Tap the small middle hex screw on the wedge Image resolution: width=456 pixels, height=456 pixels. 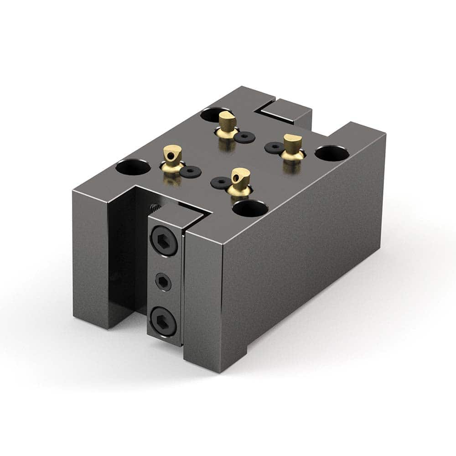pyautogui.click(x=163, y=283)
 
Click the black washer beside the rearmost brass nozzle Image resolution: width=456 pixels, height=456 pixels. pyautogui.click(x=247, y=136)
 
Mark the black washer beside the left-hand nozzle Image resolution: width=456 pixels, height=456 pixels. pyautogui.click(x=189, y=171)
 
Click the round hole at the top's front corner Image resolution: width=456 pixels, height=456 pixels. pyautogui.click(x=250, y=208)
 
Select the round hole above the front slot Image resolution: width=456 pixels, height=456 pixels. pyautogui.click(x=133, y=167)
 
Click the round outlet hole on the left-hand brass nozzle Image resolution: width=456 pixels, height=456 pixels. pyautogui.click(x=169, y=156)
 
